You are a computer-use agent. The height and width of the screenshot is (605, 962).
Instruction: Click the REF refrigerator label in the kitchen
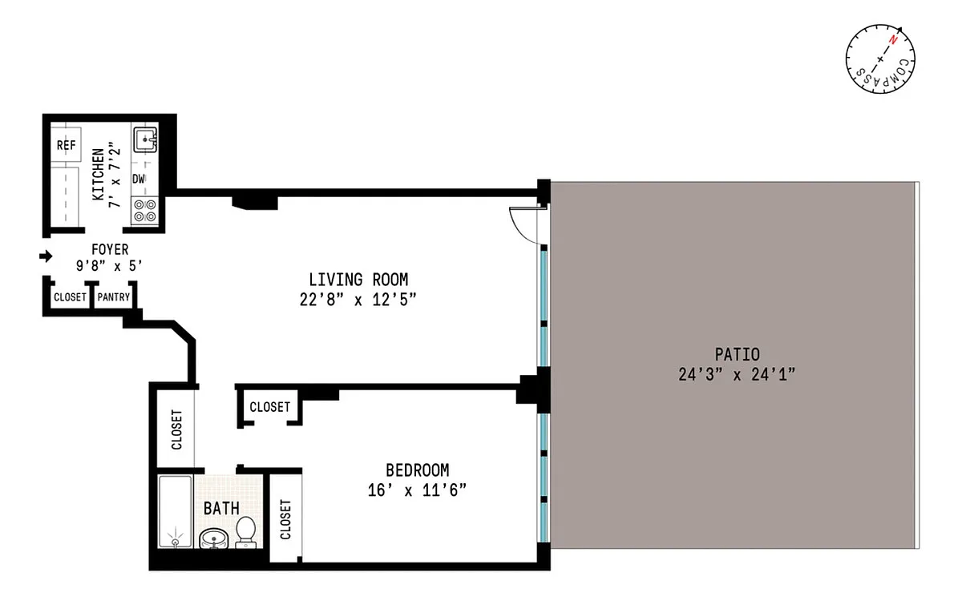tap(66, 145)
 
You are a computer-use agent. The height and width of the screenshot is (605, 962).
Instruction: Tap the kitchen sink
tap(145, 139)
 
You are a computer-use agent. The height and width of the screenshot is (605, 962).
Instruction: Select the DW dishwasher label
tap(138, 179)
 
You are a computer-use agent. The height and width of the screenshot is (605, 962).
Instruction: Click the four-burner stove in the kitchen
tap(145, 211)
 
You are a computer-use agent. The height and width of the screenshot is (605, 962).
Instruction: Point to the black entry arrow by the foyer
tap(46, 256)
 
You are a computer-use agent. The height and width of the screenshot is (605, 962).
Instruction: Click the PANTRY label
tap(113, 297)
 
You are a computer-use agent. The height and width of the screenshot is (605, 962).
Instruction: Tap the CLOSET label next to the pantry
tap(70, 297)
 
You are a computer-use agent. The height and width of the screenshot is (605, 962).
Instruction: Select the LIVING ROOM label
tap(358, 280)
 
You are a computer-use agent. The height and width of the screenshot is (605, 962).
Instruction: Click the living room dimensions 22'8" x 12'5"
tap(358, 300)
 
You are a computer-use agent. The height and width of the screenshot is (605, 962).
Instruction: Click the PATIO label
tap(737, 355)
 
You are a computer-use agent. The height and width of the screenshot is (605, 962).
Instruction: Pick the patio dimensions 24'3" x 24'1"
tap(737, 374)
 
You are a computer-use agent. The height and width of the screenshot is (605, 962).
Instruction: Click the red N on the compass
tap(893, 41)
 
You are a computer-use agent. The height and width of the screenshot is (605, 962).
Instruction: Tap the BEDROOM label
tap(418, 470)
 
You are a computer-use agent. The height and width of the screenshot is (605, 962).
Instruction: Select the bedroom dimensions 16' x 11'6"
tap(417, 490)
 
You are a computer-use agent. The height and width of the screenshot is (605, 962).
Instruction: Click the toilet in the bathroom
tap(245, 532)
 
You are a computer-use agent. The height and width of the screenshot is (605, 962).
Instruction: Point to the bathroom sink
tap(213, 538)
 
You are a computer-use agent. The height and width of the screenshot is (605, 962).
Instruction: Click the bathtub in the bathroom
tap(176, 511)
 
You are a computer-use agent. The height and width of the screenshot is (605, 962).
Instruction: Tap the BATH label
tap(221, 508)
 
